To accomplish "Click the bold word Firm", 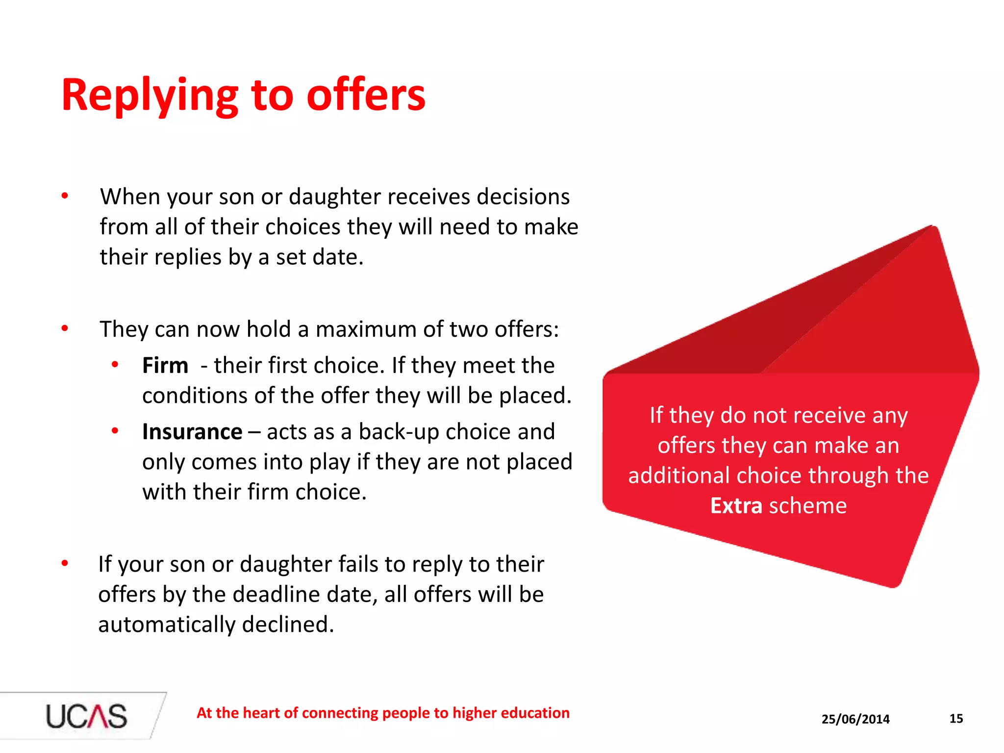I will (165, 366).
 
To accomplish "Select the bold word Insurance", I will (192, 432).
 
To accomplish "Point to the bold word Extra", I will (736, 505).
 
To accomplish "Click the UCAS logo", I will (86, 716).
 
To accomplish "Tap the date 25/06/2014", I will (855, 719).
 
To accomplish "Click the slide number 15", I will (956, 719).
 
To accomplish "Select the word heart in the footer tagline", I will (262, 713).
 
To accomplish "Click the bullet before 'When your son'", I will (65, 197).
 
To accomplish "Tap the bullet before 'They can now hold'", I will (65, 328).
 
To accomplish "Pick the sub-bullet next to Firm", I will (115, 365).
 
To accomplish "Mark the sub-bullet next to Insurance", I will (115, 431).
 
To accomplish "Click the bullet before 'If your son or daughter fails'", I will (65, 564).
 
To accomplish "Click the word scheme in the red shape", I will (807, 505).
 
